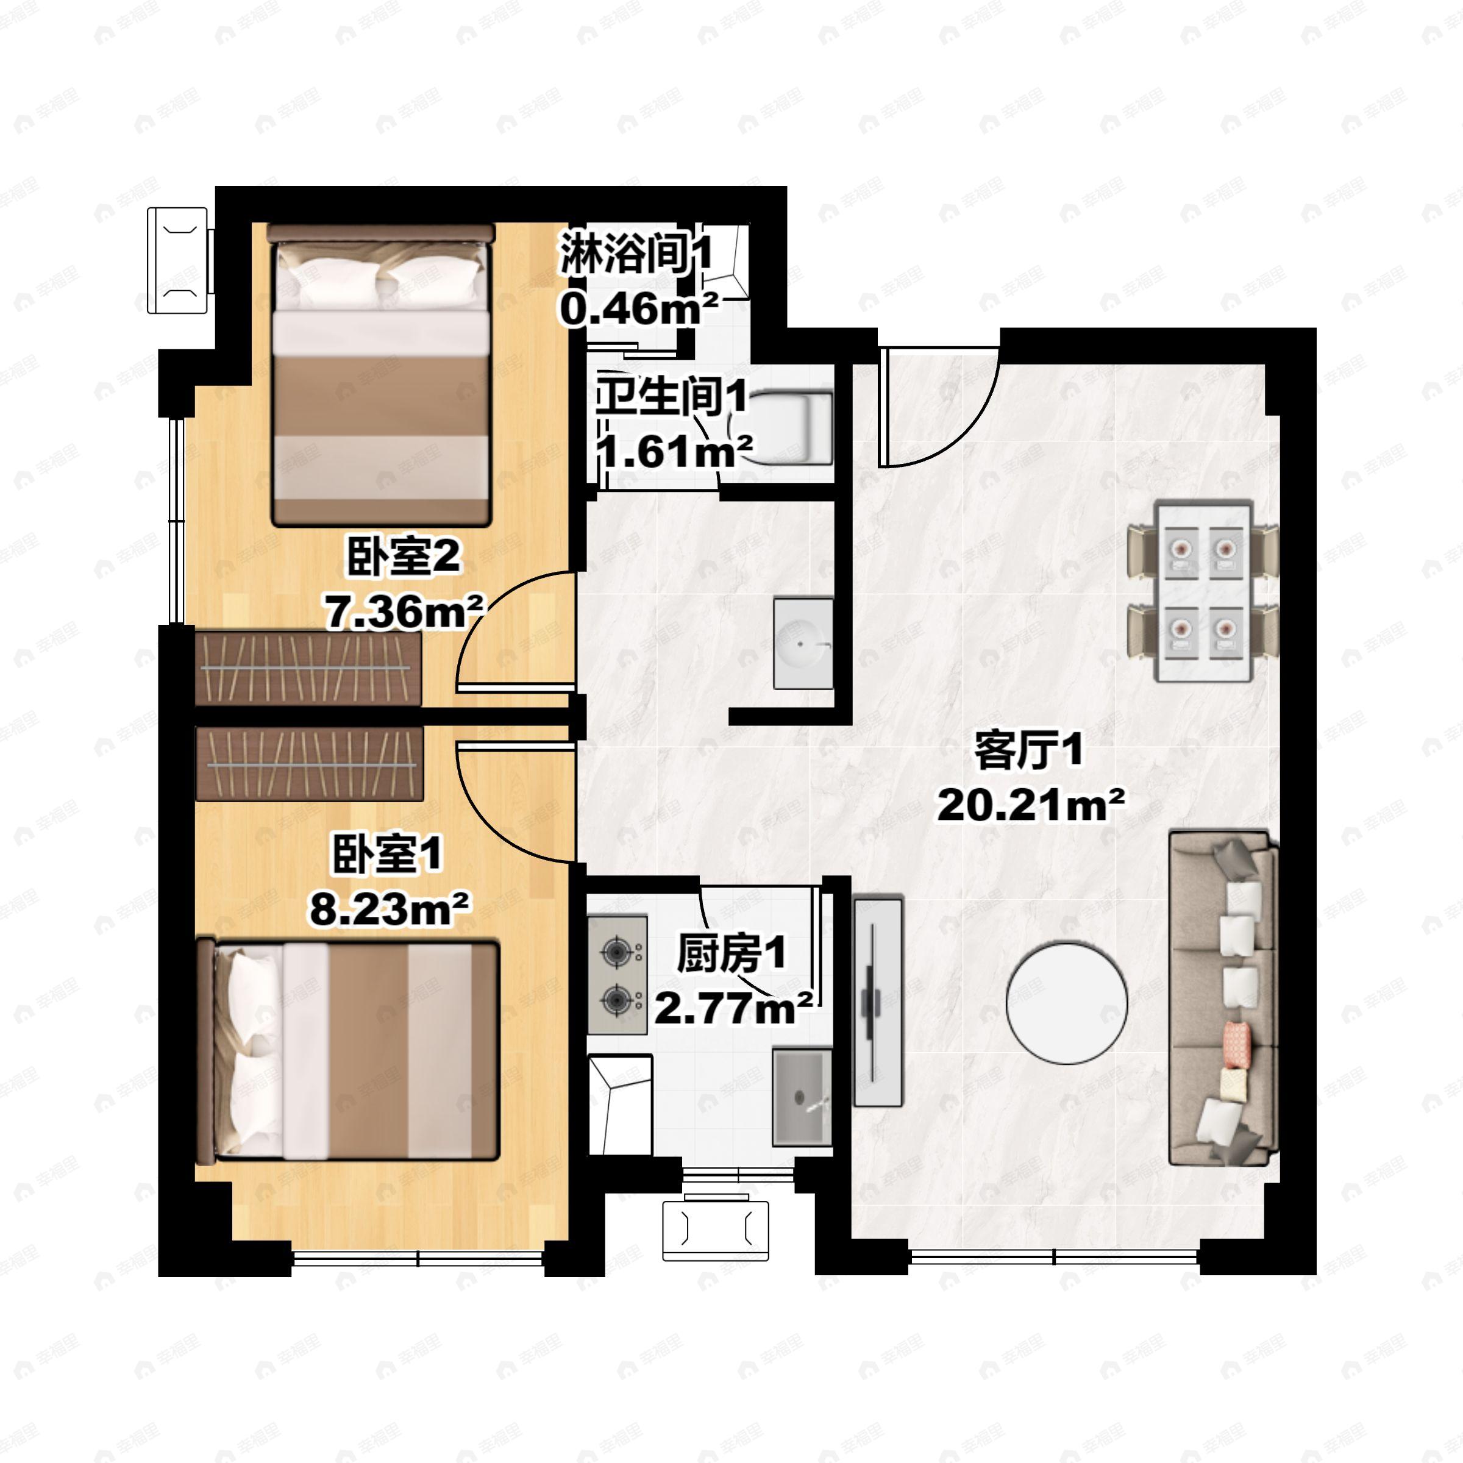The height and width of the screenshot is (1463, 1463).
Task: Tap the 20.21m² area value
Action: tap(1030, 804)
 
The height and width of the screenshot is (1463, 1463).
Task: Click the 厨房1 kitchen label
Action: tap(731, 954)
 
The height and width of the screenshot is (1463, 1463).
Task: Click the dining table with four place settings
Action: tap(1203, 591)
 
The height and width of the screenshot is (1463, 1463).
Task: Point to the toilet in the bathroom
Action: tap(780, 428)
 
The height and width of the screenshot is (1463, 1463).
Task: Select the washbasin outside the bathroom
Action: tap(803, 644)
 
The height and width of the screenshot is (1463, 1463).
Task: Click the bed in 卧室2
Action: tap(381, 375)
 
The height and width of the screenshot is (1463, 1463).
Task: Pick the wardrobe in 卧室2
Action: tap(309, 668)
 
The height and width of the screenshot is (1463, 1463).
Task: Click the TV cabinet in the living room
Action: tap(878, 1002)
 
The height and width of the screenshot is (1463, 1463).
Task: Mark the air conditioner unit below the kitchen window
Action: tap(716, 1231)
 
